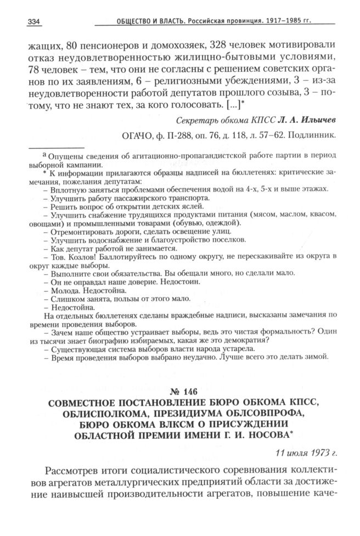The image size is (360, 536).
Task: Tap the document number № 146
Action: (180, 393)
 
